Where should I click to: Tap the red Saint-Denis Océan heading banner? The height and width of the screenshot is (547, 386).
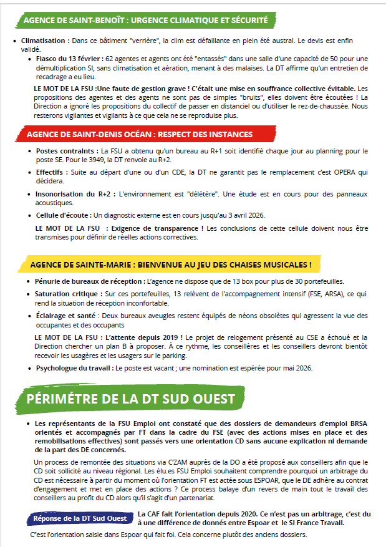pos(140,134)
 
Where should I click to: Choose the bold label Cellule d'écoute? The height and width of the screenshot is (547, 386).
pos(63,215)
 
